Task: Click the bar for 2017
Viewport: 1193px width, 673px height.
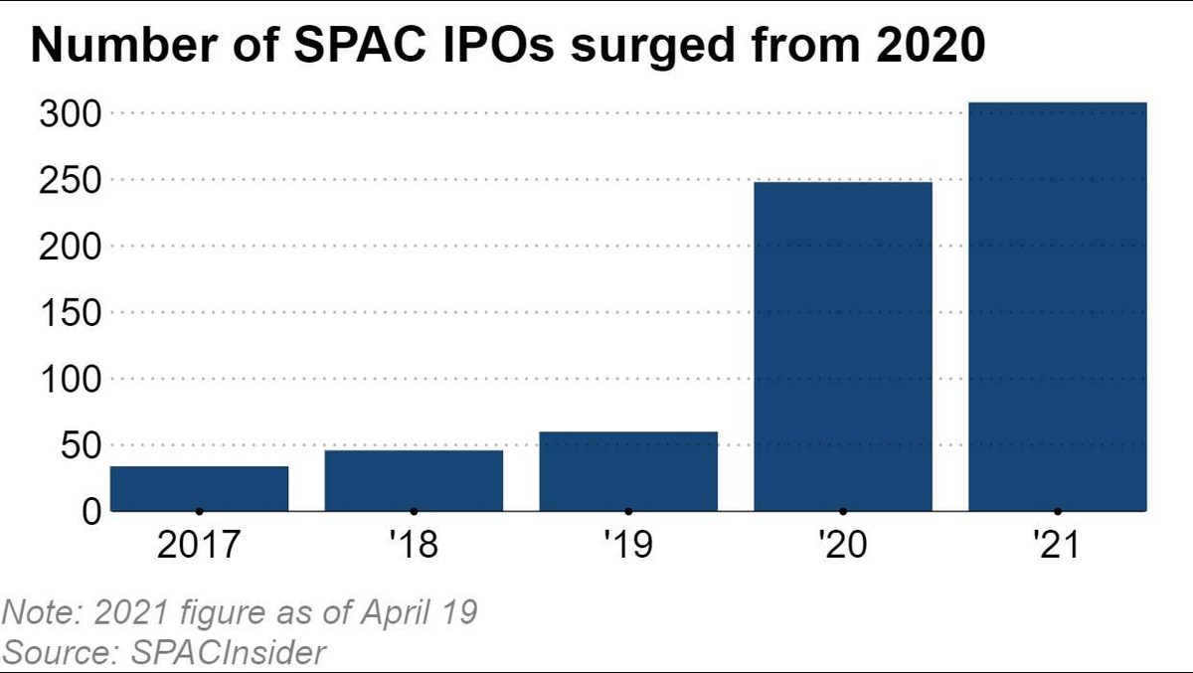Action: [199, 488]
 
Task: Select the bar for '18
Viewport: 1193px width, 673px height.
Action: [414, 480]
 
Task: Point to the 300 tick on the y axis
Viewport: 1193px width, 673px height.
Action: [71, 114]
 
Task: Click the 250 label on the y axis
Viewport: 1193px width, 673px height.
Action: [71, 181]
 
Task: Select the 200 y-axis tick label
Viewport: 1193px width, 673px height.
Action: [71, 247]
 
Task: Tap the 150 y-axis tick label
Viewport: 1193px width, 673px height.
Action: [71, 313]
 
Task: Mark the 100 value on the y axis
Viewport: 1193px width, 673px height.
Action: [71, 380]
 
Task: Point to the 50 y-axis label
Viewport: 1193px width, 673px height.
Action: [81, 445]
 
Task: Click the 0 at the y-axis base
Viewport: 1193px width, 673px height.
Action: [91, 511]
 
